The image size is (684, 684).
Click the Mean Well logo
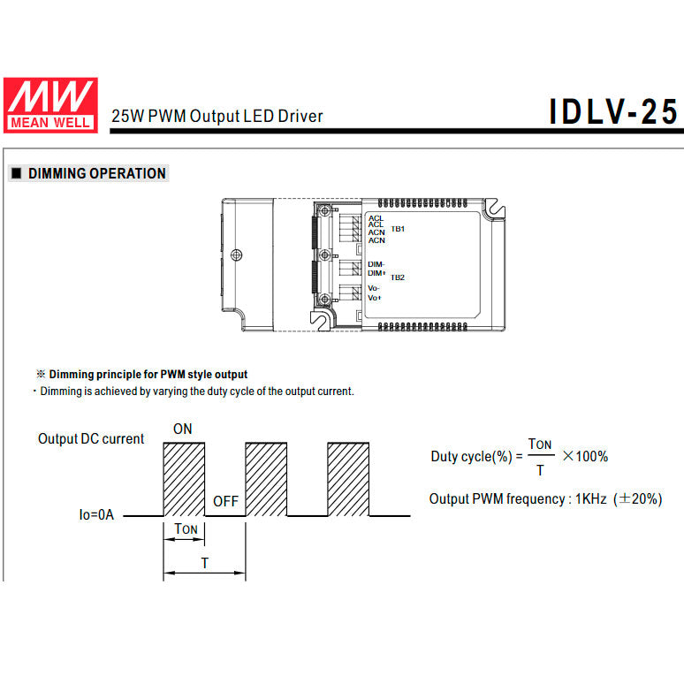click(x=50, y=104)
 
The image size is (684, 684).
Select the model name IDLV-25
click(x=613, y=112)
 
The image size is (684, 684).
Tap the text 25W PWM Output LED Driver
click(x=217, y=116)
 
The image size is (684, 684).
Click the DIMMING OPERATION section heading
click(x=96, y=173)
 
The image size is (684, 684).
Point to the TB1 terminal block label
click(x=398, y=229)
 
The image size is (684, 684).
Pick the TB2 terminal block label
click(x=398, y=277)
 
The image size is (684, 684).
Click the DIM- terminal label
click(x=376, y=264)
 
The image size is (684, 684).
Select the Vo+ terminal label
click(x=375, y=298)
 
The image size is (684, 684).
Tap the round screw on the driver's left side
click(x=236, y=255)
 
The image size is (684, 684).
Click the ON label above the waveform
click(x=182, y=429)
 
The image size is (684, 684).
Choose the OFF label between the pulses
click(x=225, y=501)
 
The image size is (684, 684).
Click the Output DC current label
click(x=91, y=439)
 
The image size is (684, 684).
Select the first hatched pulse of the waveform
click(x=184, y=478)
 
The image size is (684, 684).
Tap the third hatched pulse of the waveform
click(x=347, y=478)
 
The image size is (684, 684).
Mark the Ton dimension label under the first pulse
click(x=186, y=529)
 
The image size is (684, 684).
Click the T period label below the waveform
click(x=204, y=562)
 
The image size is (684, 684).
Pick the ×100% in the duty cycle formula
click(x=585, y=456)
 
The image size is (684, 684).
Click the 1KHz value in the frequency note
click(x=590, y=499)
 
